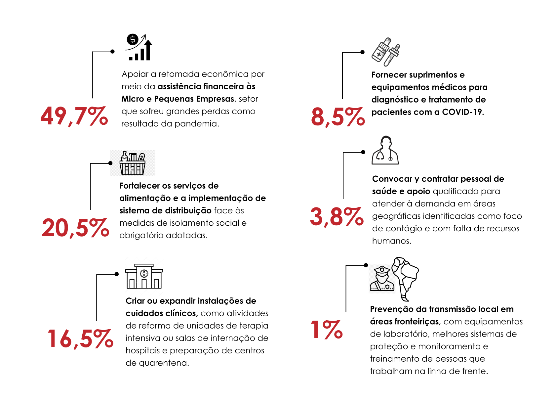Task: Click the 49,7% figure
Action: coord(74,116)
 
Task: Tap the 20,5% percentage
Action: coord(75,228)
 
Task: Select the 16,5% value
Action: coord(80,339)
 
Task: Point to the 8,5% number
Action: coord(338,117)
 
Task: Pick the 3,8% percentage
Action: coord(337,217)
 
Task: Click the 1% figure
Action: coord(327,330)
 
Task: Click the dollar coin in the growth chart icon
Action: coord(133,40)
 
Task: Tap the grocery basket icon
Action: coord(133,163)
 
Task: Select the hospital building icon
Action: coord(144,276)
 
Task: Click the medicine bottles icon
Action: coord(386,52)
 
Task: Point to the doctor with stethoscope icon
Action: coord(385,150)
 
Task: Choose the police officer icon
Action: coord(382,279)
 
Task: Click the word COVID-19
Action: coord(462,112)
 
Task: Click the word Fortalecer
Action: coord(139,186)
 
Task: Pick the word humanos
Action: coord(391,241)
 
